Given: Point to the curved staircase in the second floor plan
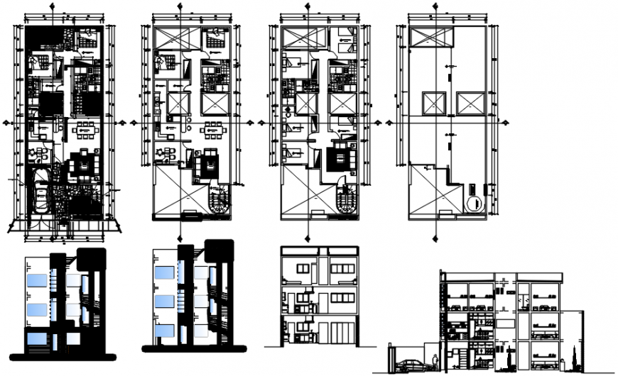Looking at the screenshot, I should pyautogui.click(x=219, y=200).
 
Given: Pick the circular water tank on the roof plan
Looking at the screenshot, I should pyautogui.click(x=473, y=204).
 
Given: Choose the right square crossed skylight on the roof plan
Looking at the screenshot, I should pyautogui.click(x=470, y=104).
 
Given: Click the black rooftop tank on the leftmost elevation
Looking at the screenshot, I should pyautogui.click(x=91, y=260).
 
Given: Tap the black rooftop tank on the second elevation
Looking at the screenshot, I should pyautogui.click(x=218, y=252).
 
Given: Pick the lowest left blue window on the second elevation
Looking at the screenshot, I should pyautogui.click(x=163, y=331).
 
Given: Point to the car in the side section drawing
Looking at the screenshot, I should pyautogui.click(x=410, y=365).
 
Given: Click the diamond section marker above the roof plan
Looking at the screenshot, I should pyautogui.click(x=433, y=5).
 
